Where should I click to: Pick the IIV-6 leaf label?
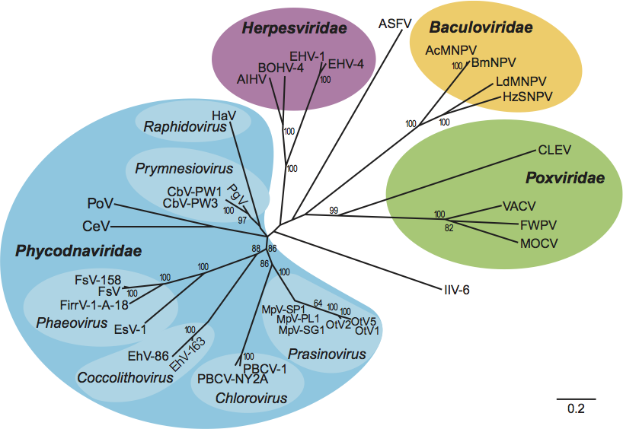tap(458, 289)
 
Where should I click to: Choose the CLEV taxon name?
tap(554, 149)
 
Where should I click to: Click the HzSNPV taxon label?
tap(527, 97)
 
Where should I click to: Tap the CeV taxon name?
tap(97, 226)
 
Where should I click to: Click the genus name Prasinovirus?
tap(327, 354)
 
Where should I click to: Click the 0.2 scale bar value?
tap(575, 409)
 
